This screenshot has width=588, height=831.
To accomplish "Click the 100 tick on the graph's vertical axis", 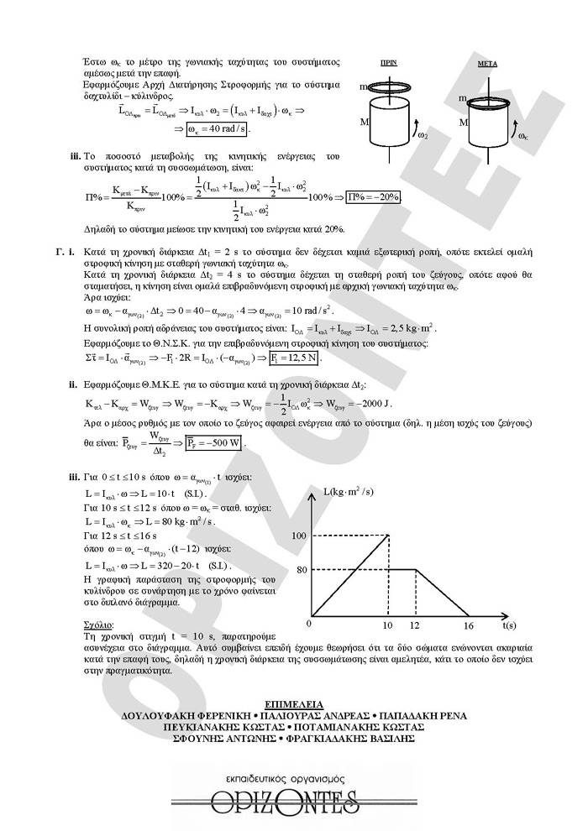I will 299,535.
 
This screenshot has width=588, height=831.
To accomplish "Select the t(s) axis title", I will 510,625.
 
